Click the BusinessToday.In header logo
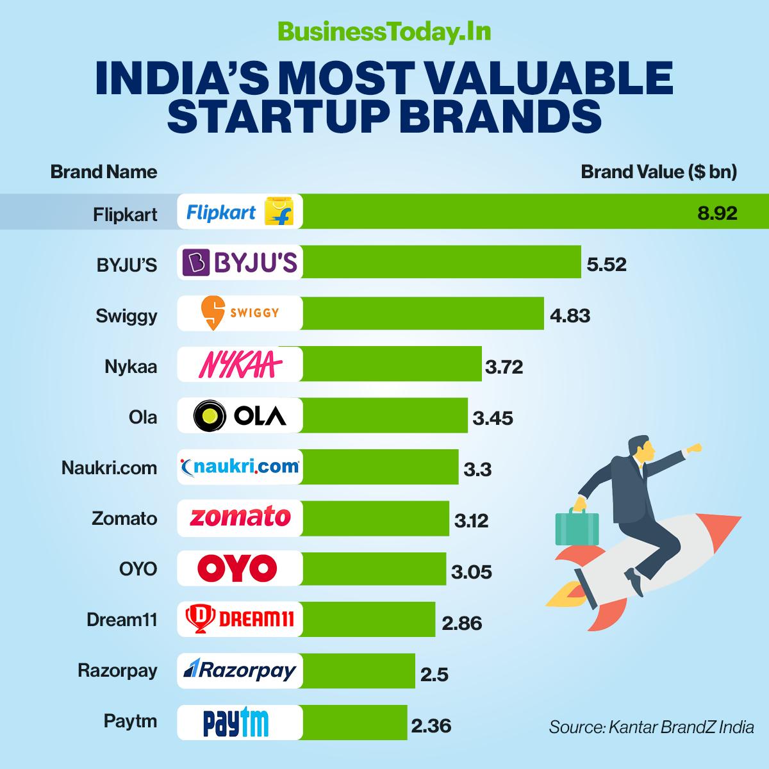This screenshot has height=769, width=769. (384, 31)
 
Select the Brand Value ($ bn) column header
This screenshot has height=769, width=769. (658, 172)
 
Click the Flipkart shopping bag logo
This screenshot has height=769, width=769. (279, 211)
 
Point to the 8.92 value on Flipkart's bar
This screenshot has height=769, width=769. (717, 213)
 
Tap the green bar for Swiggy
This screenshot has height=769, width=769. (423, 313)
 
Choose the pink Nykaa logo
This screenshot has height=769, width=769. (240, 365)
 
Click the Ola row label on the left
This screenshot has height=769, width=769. (142, 417)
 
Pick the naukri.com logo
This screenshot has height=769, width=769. (240, 467)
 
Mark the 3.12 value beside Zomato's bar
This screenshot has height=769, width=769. (471, 520)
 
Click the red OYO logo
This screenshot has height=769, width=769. (237, 568)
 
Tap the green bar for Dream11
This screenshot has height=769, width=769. (368, 619)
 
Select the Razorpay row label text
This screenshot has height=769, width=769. (117, 670)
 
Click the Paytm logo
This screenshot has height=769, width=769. (236, 722)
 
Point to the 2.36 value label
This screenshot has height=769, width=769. (431, 725)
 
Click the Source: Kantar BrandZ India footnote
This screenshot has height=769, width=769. (651, 727)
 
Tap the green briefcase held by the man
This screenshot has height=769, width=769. (576, 527)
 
